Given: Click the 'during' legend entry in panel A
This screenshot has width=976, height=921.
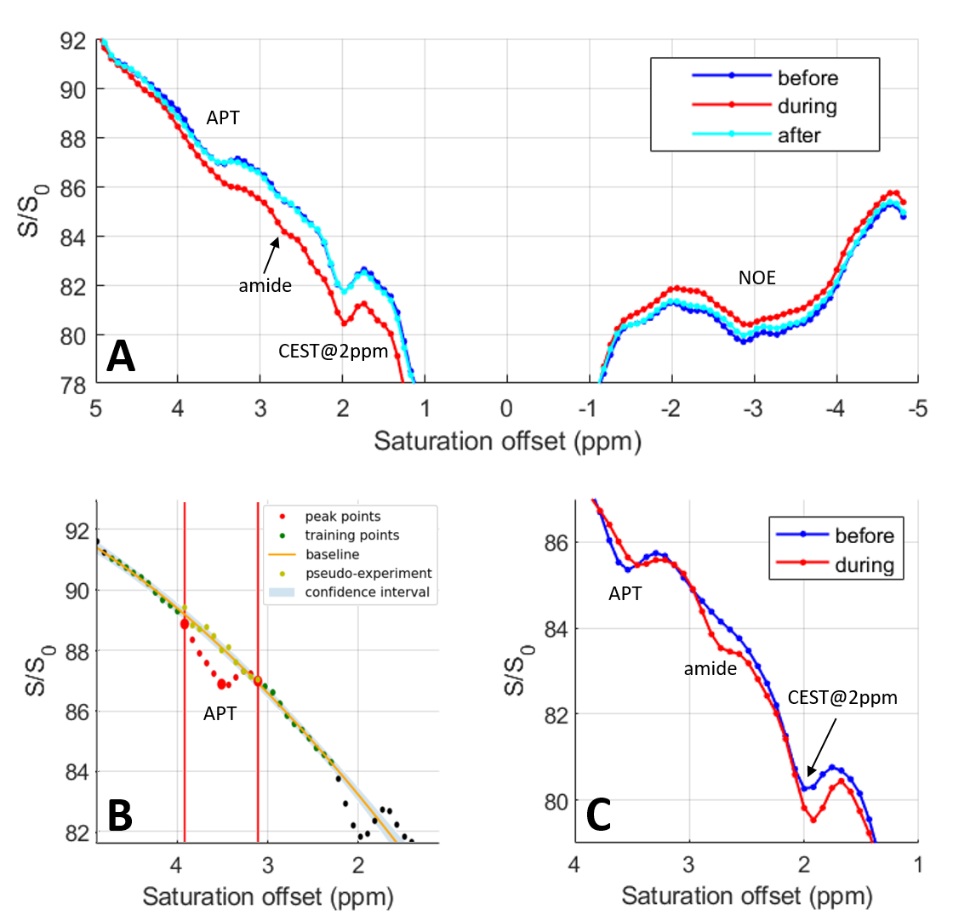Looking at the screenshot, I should click(x=807, y=106).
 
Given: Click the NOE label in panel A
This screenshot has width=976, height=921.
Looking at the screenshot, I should click(x=756, y=277).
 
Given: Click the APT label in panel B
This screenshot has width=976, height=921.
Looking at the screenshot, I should click(x=220, y=713).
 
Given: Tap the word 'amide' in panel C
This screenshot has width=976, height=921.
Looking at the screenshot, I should click(x=710, y=669).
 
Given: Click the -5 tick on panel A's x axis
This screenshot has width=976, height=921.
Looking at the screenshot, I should click(x=916, y=409).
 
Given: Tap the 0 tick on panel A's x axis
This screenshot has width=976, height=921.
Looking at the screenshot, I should click(x=506, y=409).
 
